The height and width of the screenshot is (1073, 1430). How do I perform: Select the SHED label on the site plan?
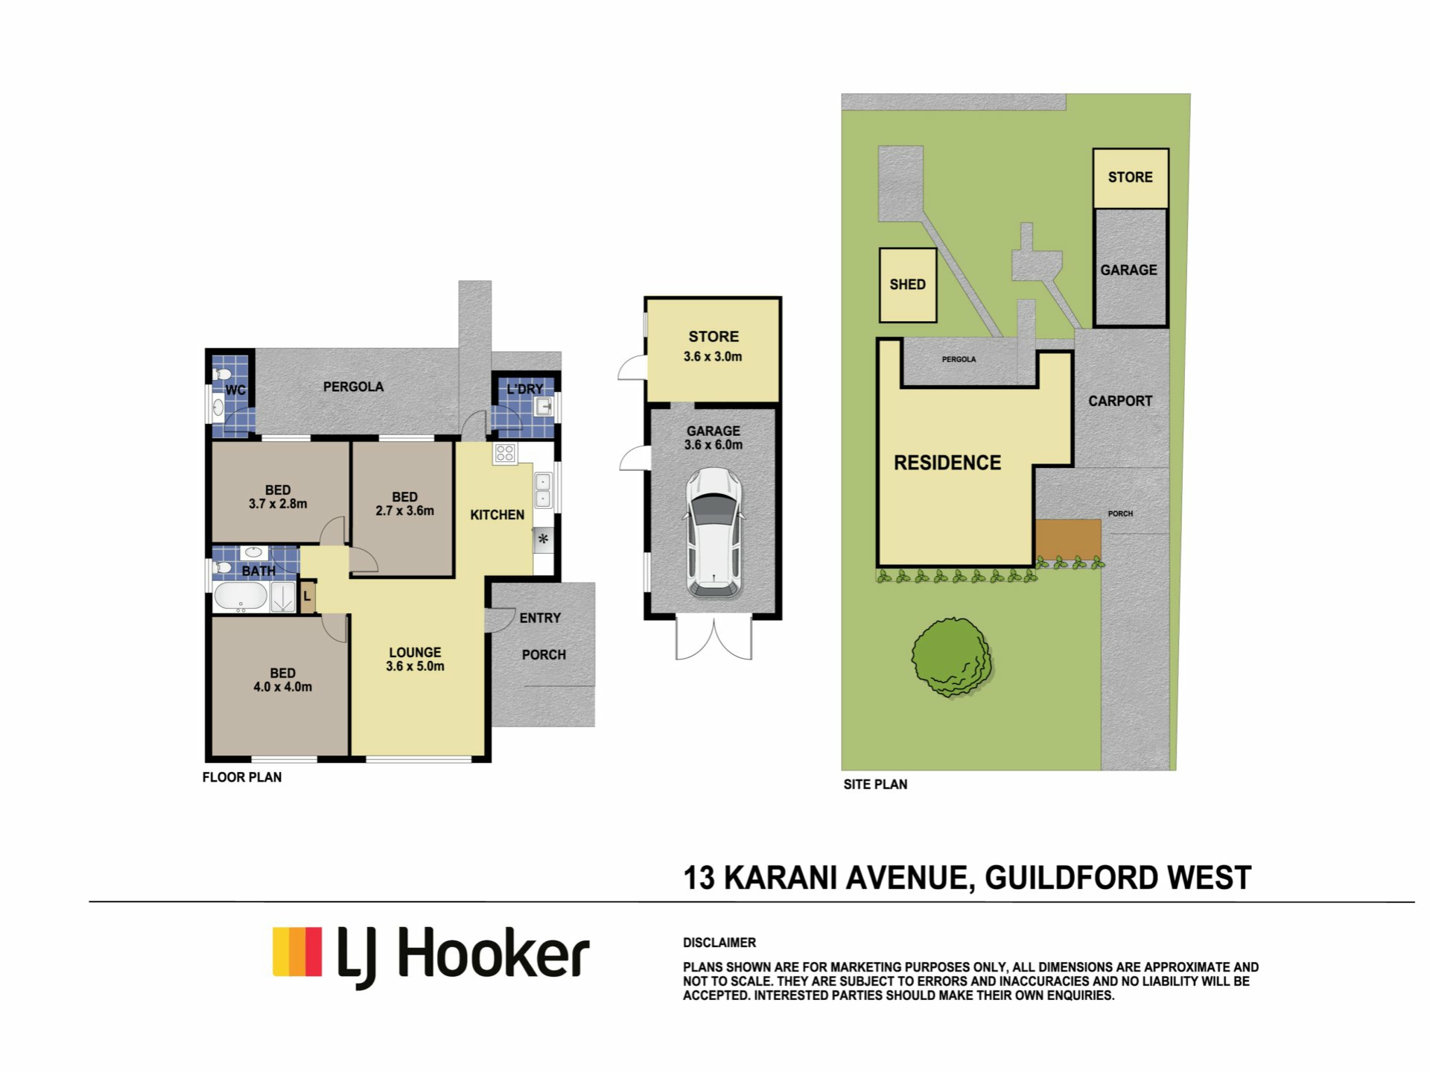[x=907, y=285]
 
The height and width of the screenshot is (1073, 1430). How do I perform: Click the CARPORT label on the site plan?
[x=1120, y=401]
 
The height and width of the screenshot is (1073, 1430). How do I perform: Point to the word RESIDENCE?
[x=947, y=463]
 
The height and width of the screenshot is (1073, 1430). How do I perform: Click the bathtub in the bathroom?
[x=241, y=597]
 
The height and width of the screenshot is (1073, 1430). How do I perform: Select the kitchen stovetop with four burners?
[x=504, y=453]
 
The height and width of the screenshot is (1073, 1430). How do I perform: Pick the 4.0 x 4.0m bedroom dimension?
[x=282, y=687]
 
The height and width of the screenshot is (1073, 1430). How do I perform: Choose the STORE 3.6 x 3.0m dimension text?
[x=713, y=357]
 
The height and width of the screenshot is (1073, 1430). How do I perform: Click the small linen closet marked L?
[x=308, y=596]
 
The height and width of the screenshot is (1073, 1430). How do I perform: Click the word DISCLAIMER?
[x=719, y=943]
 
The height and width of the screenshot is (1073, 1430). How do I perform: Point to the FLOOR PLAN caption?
[x=242, y=777]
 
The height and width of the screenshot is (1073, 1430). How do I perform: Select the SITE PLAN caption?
[x=875, y=784]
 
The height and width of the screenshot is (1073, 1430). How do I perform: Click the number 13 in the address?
[x=699, y=878]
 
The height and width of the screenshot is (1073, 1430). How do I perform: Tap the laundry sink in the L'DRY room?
[x=543, y=406]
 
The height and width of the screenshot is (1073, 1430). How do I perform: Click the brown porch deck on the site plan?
[x=1068, y=539]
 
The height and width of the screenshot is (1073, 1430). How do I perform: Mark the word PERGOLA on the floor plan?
[x=353, y=387]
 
